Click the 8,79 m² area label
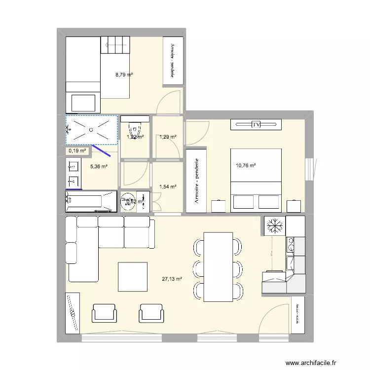(x=124, y=75)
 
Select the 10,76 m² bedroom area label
(x=246, y=166)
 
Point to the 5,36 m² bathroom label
(x=98, y=167)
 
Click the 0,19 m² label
(x=77, y=150)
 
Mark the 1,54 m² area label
(x=168, y=186)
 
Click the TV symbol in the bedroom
(x=256, y=124)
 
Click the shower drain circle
(x=91, y=130)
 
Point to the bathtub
(x=91, y=201)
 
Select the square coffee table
(x=133, y=277)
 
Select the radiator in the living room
(x=73, y=312)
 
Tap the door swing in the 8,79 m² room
(x=170, y=101)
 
